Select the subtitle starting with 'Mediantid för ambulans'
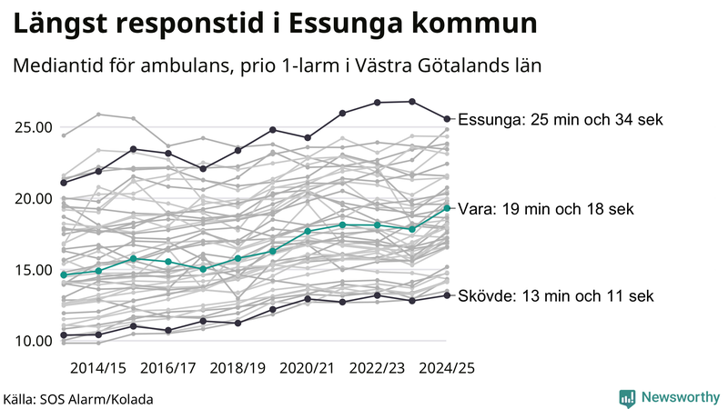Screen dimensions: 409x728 277,66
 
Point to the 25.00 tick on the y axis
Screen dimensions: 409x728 31,126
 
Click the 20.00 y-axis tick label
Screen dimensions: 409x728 31,198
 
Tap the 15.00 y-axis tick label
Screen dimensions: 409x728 31,270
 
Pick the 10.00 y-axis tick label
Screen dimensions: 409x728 31,341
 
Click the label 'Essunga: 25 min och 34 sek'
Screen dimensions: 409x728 561,120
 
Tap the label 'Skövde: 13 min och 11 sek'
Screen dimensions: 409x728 555,296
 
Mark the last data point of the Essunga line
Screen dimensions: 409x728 447,118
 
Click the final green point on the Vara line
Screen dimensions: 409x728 447,208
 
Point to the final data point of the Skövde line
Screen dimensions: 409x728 447,294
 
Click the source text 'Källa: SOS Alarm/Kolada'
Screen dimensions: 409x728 78,398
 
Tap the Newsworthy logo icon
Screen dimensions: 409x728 627,397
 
